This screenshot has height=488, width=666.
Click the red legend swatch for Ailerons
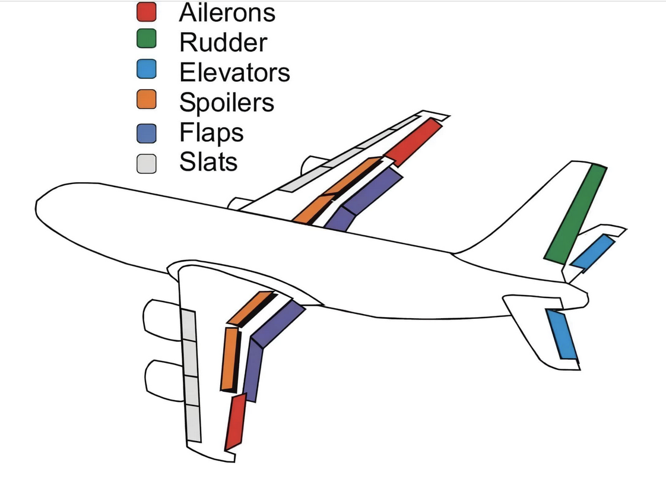click(x=146, y=11)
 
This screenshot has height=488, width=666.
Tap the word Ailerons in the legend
click(x=227, y=12)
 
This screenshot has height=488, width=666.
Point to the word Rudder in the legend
click(x=223, y=42)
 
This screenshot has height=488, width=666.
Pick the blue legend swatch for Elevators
click(x=146, y=69)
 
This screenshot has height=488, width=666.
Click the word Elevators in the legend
click(x=234, y=72)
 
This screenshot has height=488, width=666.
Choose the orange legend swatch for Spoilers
click(x=146, y=99)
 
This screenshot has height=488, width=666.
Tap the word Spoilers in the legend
click(x=227, y=103)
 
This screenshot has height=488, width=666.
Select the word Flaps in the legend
click(x=211, y=133)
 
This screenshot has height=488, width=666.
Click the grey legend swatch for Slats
click(x=146, y=163)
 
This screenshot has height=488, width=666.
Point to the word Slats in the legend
click(x=208, y=162)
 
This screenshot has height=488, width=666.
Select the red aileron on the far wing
click(x=413, y=142)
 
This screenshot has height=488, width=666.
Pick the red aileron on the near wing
click(x=236, y=422)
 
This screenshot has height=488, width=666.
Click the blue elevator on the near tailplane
click(x=562, y=334)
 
